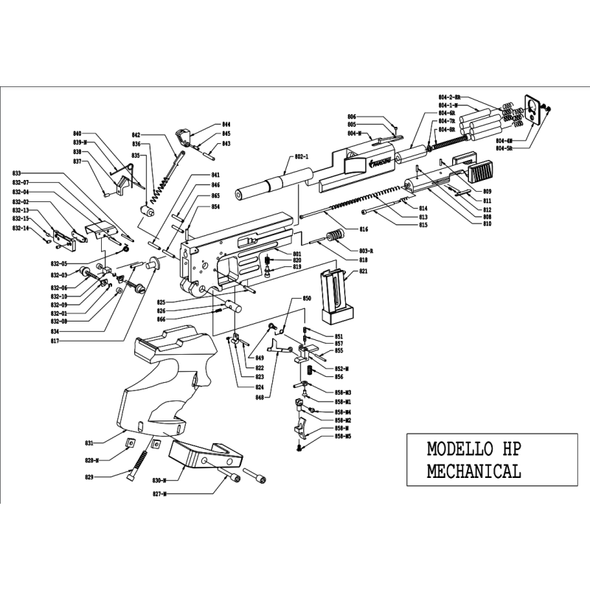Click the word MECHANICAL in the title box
tap(474, 471)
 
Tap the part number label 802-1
tap(302, 158)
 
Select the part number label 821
tap(363, 272)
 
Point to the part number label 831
tap(89, 443)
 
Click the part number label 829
tap(89, 478)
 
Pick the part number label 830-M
tap(159, 480)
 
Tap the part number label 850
tap(308, 298)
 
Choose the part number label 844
tap(226, 125)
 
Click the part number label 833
tap(17, 174)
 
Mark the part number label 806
tap(352, 117)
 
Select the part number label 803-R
tap(366, 252)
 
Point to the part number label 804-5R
tap(504, 149)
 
